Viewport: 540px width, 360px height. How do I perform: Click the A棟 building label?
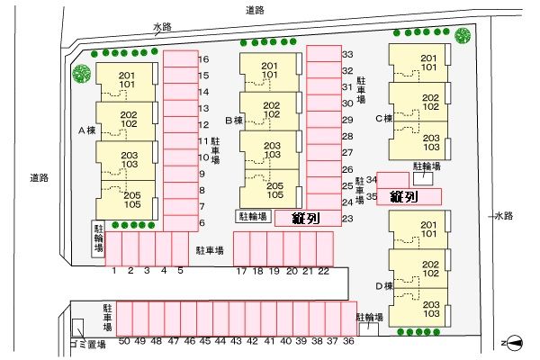pos(86,130)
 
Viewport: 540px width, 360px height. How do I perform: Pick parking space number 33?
pos(321,55)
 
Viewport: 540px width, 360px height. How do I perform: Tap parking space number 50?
pos(124,318)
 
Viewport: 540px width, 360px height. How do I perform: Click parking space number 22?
pos(323,248)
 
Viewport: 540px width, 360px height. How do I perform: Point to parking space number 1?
pos(115,248)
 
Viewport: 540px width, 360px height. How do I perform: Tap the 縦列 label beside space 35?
pos(402,196)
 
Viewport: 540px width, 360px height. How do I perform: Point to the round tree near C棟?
pos(463,36)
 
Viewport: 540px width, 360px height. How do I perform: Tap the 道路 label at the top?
pos(255,10)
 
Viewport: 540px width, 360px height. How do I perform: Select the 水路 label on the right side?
pos(502,216)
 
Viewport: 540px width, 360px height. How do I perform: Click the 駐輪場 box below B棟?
pos(253,216)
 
